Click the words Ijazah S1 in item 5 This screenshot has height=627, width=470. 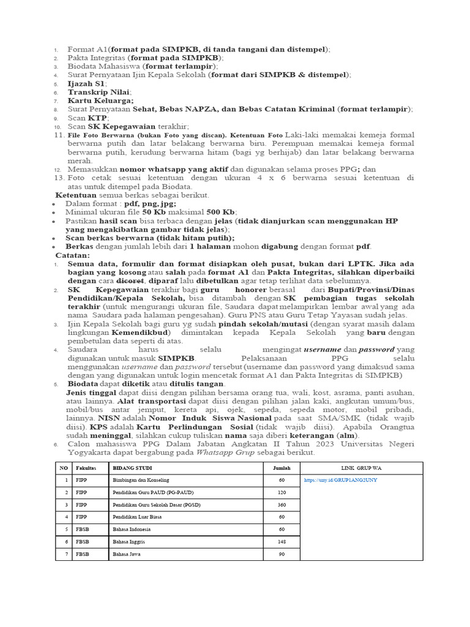click(x=86, y=83)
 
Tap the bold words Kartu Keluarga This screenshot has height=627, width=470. click(x=100, y=100)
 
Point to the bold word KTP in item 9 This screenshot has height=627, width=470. click(x=98, y=118)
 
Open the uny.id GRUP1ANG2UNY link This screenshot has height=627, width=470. click(x=340, y=480)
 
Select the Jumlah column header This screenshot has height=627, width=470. click(x=282, y=468)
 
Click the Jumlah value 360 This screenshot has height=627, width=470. click(x=282, y=505)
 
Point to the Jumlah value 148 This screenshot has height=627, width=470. click(x=282, y=541)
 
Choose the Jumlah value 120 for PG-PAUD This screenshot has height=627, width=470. click(x=282, y=492)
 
